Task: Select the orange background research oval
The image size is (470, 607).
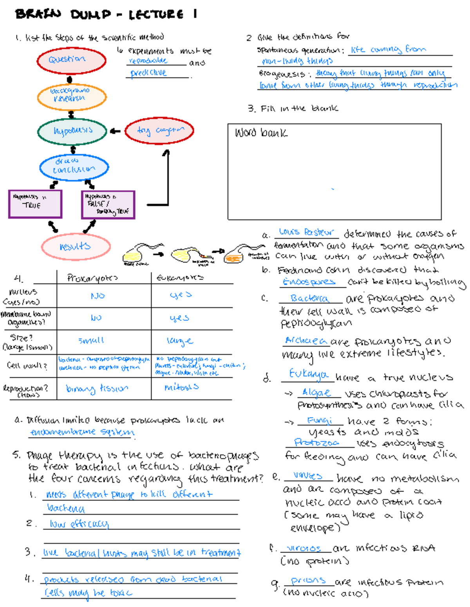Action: (72, 96)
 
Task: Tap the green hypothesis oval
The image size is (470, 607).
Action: (72, 131)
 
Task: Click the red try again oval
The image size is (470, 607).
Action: (159, 130)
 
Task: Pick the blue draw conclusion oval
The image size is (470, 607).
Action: (74, 167)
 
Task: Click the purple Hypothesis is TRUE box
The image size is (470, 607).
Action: (35, 204)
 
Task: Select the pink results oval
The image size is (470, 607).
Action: (76, 246)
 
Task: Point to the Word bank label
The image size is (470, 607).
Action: (261, 133)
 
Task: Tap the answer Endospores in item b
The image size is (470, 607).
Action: (309, 282)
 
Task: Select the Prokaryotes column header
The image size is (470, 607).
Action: (92, 278)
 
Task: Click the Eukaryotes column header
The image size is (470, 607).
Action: (180, 278)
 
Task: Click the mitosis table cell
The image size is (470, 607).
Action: (181, 387)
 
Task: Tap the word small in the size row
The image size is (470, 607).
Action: (91, 341)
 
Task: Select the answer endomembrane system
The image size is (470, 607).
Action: (82, 432)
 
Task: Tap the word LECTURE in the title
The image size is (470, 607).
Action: (156, 15)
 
